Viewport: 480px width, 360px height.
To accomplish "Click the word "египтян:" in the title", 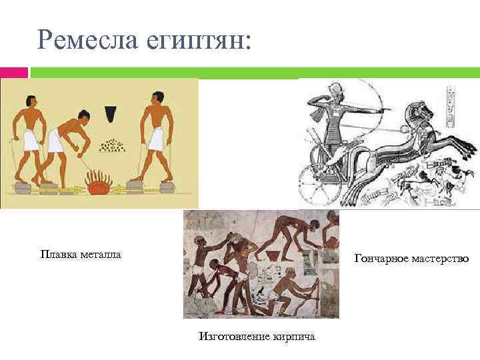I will [199, 41].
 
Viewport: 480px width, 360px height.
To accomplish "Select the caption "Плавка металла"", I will [81, 254].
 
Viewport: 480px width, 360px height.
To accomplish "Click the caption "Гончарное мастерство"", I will [411, 258].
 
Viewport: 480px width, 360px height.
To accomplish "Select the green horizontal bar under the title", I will [253, 72].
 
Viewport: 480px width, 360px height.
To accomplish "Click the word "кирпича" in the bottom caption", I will [294, 336].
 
